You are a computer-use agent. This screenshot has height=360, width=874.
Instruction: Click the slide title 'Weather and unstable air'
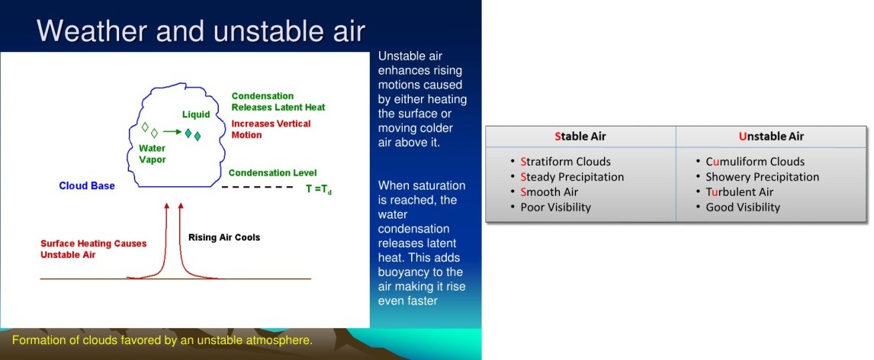[x=201, y=31]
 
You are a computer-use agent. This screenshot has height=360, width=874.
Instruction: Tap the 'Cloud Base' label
[x=87, y=185]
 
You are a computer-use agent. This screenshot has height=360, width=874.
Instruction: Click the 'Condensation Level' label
[x=272, y=173]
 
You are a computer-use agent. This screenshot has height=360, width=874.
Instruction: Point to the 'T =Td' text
[x=318, y=189]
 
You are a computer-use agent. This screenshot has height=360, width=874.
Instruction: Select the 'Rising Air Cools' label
[x=224, y=237]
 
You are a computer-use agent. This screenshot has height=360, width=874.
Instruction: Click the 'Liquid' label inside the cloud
[x=196, y=114]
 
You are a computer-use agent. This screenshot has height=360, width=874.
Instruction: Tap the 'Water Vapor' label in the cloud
[x=153, y=154]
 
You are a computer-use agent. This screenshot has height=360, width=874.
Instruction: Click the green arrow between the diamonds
[x=172, y=132]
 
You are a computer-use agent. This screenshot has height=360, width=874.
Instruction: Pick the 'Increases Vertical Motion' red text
[x=271, y=130]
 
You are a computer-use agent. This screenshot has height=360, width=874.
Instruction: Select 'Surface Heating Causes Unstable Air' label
[x=94, y=249]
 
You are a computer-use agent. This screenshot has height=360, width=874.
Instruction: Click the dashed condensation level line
[x=257, y=187]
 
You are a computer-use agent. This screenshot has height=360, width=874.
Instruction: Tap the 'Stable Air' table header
[x=580, y=136]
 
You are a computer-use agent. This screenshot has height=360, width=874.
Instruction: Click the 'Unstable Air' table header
[x=772, y=136]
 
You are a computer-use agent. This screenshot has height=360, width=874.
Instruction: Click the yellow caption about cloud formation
[x=162, y=340]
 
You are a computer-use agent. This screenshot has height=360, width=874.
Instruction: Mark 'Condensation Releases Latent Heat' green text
[x=278, y=101]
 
